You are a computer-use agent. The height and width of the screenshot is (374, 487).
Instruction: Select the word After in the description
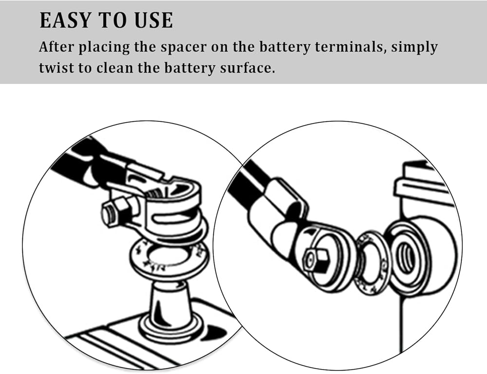[x=57, y=48]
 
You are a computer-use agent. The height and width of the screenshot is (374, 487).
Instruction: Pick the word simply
[x=415, y=48]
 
